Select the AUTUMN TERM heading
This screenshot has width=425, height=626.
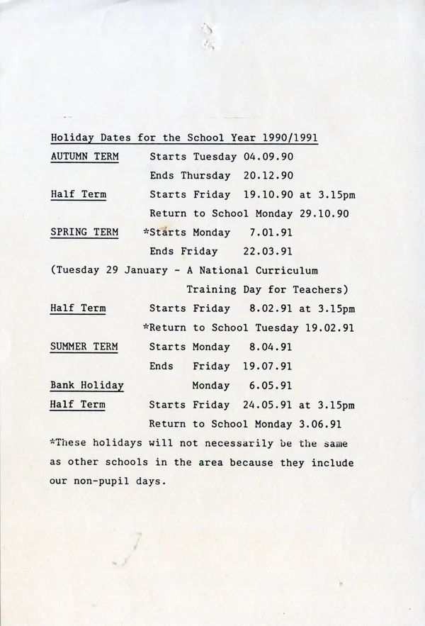[84, 157]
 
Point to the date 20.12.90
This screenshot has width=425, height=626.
[268, 176]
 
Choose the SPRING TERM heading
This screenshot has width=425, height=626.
[84, 233]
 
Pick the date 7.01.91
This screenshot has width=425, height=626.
[271, 233]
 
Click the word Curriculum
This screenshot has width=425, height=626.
[289, 270]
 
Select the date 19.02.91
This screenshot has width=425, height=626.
[329, 328]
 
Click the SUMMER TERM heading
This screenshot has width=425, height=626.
[84, 347]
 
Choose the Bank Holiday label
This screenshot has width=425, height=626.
[87, 386]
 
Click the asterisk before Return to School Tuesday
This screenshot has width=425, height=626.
[146, 327]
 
